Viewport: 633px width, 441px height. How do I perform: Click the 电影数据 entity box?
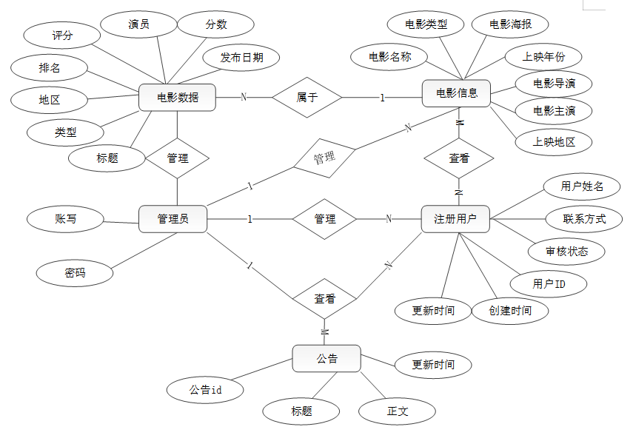178,97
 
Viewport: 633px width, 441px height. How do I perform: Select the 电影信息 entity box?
457,93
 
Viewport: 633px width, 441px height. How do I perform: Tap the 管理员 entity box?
173,219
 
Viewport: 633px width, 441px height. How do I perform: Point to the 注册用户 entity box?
455,219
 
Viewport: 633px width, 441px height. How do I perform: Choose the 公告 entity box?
326,359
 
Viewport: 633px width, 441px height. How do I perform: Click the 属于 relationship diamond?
307,97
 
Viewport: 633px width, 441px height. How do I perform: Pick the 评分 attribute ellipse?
62,36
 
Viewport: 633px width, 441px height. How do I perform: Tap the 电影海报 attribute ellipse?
509,24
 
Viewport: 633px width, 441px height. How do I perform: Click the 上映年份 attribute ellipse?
542,57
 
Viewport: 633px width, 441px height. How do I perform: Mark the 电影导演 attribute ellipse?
554,84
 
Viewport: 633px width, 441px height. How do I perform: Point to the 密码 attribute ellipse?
75,273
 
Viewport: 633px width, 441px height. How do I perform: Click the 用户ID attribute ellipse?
549,283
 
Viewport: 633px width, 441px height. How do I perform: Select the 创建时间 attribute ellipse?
510,310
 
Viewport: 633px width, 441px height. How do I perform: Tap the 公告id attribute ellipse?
206,389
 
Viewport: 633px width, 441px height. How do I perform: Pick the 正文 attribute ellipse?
398,411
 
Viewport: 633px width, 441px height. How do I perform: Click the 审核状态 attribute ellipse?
566,251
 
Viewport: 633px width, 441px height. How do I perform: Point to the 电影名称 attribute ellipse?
390,56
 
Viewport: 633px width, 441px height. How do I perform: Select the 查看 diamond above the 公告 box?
324,299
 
